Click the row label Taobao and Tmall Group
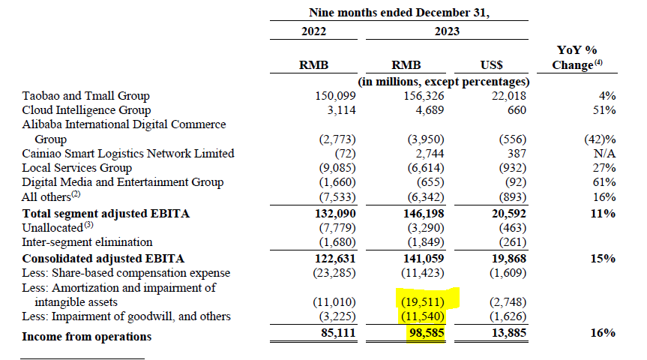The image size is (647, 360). (x=85, y=96)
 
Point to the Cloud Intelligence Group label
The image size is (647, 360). (x=85, y=110)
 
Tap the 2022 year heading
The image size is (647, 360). (x=318, y=31)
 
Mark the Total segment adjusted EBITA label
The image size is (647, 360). (x=105, y=214)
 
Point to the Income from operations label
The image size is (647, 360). (x=86, y=336)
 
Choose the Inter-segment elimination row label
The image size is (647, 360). (x=87, y=242)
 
